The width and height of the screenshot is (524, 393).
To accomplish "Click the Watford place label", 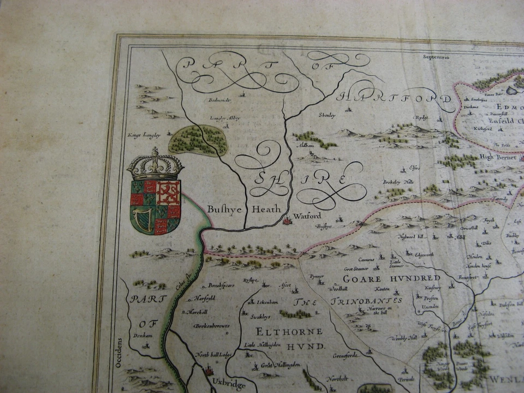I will click(x=307, y=216).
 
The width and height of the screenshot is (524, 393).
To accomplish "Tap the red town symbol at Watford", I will click(x=287, y=221).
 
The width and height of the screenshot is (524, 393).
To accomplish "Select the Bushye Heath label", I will click(x=244, y=209).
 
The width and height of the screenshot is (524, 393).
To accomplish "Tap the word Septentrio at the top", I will click(x=436, y=56).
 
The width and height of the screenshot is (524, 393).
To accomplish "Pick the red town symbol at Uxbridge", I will click(x=208, y=372).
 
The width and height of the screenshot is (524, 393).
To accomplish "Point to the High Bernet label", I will click(x=493, y=157).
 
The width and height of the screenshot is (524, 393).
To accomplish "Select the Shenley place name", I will click(x=327, y=115).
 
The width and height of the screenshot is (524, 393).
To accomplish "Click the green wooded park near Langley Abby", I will click(x=198, y=140).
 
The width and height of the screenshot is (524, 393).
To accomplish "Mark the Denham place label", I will click(x=141, y=336).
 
